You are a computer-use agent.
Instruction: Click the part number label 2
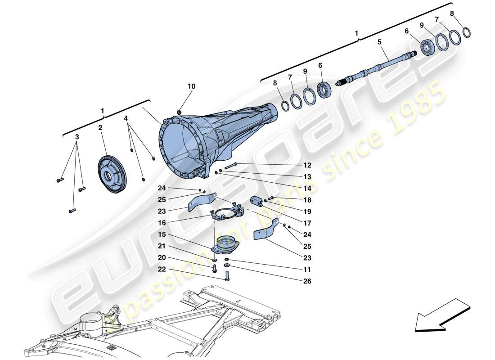100,128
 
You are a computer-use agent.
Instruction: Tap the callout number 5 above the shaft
379,41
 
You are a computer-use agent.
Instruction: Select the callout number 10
192,86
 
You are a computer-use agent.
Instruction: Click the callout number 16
162,222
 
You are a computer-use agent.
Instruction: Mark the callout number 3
77,136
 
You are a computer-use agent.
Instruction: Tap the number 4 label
126,119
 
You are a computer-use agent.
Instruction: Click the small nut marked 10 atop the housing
180,112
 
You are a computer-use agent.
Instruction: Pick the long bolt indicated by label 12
228,167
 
